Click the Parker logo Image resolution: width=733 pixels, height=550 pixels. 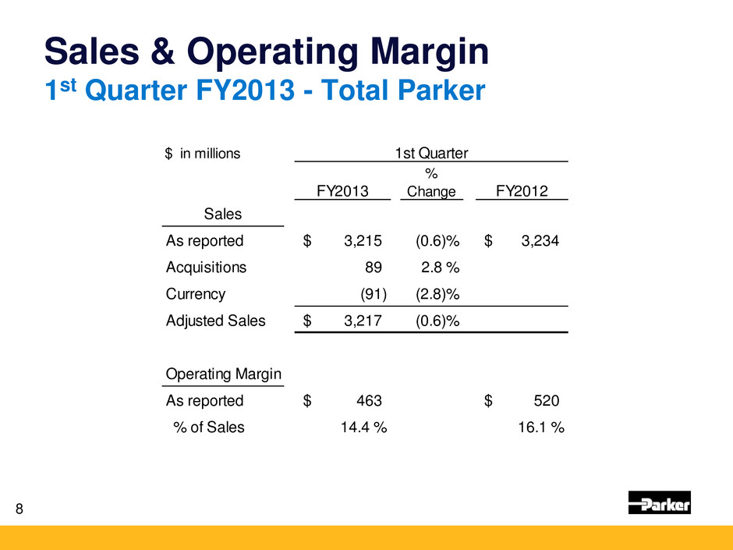tap(659, 503)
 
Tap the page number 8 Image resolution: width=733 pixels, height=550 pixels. tap(19, 510)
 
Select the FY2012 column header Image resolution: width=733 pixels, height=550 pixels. tap(521, 191)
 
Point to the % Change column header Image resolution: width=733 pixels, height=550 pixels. tap(431, 184)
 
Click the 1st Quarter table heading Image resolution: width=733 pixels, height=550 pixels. tap(430, 153)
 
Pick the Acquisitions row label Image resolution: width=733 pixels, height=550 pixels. tap(206, 267)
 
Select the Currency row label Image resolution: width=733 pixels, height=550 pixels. tap(196, 294)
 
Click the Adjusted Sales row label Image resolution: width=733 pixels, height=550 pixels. tap(215, 321)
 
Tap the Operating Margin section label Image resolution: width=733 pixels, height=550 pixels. tap(224, 374)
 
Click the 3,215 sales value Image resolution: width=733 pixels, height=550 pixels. tap(363, 241)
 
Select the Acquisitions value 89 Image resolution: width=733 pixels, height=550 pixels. tap(374, 268)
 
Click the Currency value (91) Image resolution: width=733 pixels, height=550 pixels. tap(371, 294)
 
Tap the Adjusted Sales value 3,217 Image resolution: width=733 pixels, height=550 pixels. tap(363, 321)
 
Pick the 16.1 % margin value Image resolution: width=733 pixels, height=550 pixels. tap(541, 427)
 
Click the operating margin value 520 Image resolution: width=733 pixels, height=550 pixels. tap(545, 401)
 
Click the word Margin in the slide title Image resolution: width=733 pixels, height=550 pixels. tap(413, 51)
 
